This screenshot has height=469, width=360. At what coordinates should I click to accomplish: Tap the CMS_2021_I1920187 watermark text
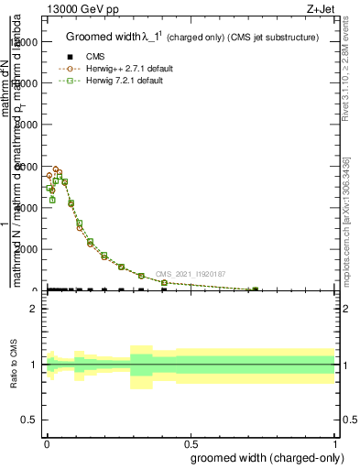click(190, 274)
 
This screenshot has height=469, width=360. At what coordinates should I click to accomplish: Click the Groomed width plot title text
click(192, 38)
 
